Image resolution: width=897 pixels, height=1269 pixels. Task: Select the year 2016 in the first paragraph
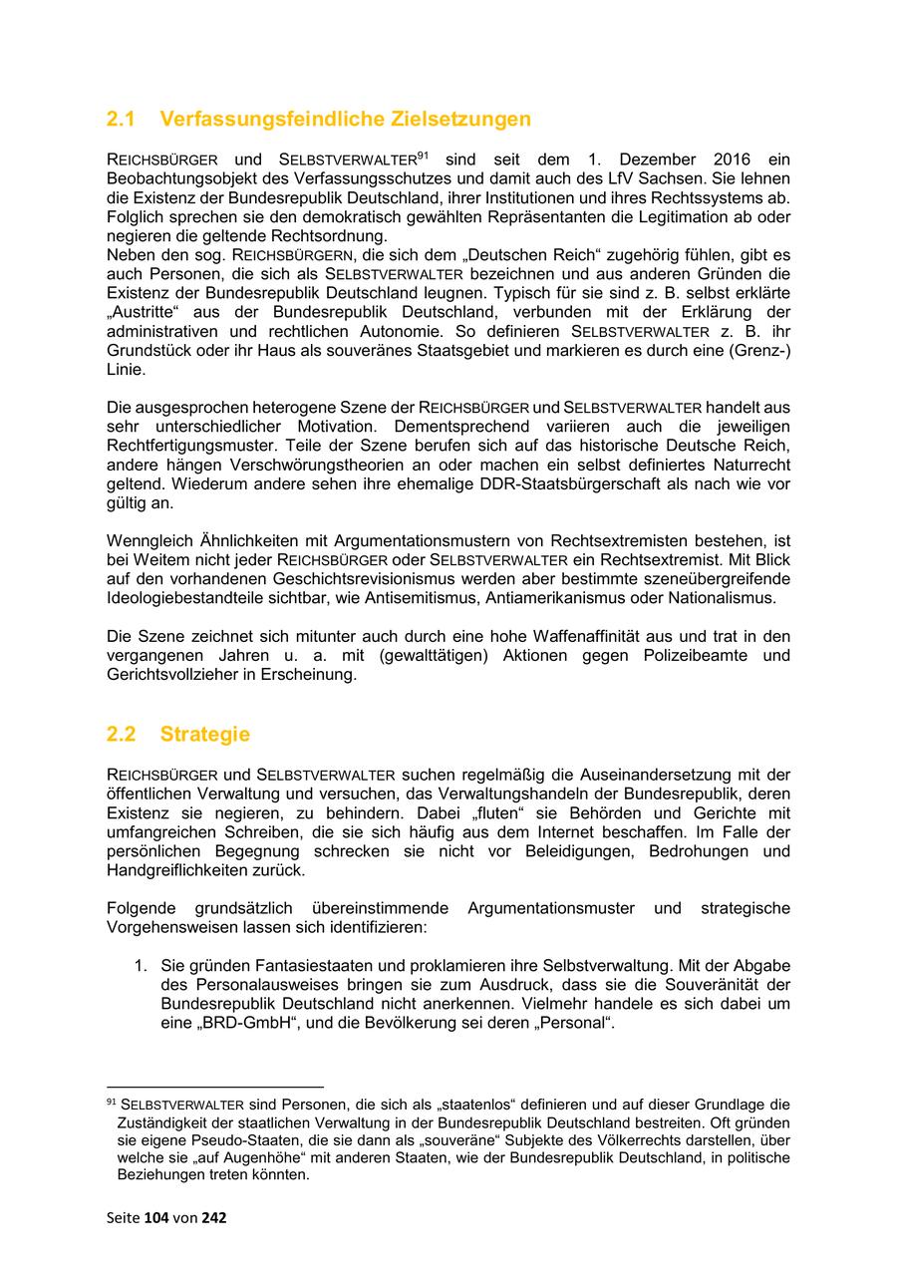pyautogui.click(x=733, y=160)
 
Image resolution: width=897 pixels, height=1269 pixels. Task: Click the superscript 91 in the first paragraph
pyautogui.click(x=423, y=156)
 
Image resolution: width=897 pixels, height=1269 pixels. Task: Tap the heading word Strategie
pyautogui.click(x=204, y=735)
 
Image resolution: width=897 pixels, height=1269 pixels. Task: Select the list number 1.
pyautogui.click(x=141, y=966)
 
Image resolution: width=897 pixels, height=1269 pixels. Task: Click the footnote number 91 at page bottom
pyautogui.click(x=111, y=1103)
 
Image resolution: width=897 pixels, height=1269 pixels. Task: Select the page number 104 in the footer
pyautogui.click(x=156, y=1217)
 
